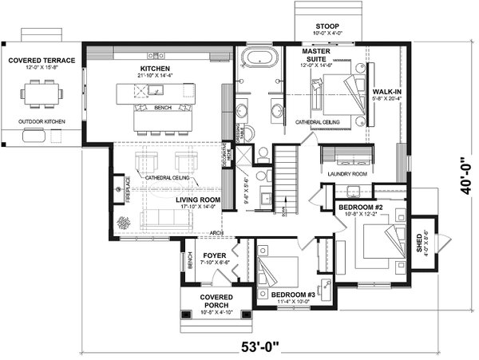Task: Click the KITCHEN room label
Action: click(x=155, y=69)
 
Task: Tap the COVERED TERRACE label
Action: click(x=42, y=60)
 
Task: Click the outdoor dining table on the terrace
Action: click(x=42, y=95)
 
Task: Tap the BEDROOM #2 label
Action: click(x=362, y=207)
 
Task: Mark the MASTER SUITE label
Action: click(x=317, y=54)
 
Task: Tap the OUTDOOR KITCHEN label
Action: click(x=42, y=121)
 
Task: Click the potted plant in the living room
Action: click(x=122, y=222)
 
